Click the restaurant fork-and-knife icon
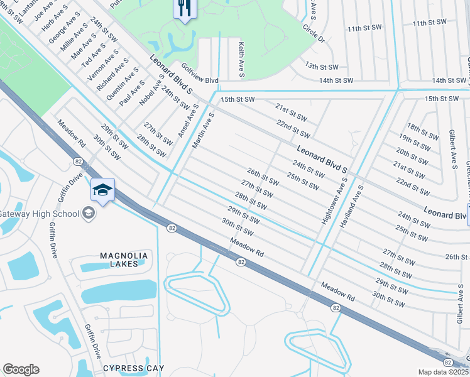click(185, 8)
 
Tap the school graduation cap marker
click(103, 189)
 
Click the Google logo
click(21, 369)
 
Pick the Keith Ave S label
click(241, 60)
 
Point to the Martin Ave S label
click(204, 131)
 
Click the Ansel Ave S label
click(187, 121)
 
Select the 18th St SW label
click(422, 131)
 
